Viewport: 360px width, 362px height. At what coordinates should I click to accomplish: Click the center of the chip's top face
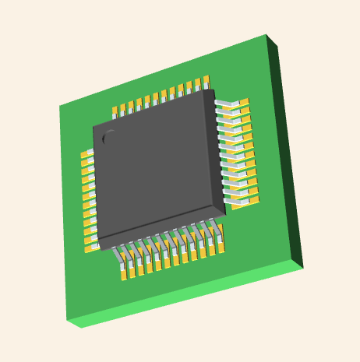156,167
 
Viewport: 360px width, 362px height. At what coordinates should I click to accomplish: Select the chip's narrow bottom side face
164,229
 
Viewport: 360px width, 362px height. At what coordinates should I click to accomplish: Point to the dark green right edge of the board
284,148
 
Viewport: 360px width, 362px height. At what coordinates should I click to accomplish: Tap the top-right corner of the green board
266,35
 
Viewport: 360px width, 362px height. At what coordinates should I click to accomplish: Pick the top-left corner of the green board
60,106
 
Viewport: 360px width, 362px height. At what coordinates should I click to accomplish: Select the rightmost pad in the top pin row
206,81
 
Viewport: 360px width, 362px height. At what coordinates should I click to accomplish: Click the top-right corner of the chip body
214,90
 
